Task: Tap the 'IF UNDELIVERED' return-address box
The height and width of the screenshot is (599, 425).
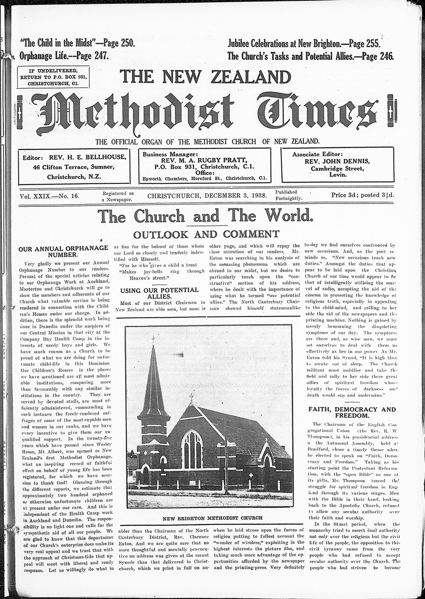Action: pos(53,77)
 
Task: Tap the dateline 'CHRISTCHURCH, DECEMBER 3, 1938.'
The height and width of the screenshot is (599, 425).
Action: pos(207,196)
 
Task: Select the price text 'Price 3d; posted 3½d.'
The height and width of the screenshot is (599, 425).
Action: pos(363,196)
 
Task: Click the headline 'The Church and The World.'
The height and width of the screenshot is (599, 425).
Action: pos(206,217)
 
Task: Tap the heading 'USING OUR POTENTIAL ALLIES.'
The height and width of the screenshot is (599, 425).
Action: pos(159,293)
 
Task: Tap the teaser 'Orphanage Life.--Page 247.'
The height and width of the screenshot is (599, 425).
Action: pos(64,56)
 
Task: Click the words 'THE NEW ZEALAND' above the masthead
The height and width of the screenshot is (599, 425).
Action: pos(206,77)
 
